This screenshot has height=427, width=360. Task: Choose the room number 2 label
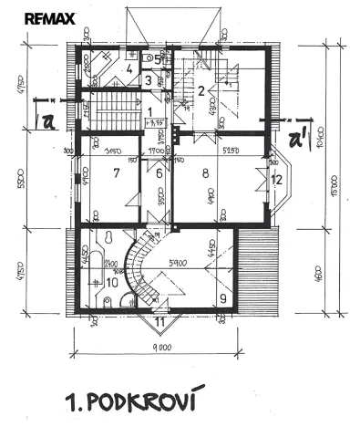tap(201, 89)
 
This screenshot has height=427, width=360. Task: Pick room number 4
tap(130, 68)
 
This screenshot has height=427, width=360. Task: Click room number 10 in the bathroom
tap(111, 282)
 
